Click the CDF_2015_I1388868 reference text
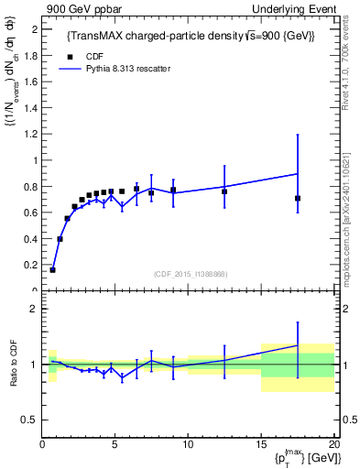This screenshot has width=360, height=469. [190, 274]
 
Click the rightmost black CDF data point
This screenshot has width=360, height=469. [298, 198]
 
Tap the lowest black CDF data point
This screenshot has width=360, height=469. [52, 270]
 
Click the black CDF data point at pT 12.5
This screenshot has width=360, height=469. [224, 191]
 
